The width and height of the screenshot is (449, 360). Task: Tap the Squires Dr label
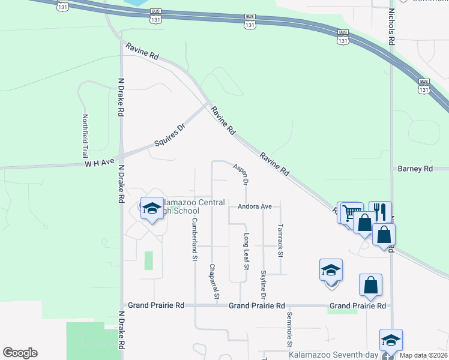pyautogui.click(x=172, y=134)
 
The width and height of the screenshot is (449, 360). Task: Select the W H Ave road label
pyautogui.click(x=99, y=163)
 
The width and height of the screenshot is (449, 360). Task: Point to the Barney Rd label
pyautogui.click(x=415, y=169)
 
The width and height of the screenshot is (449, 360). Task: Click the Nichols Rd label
pyautogui.click(x=391, y=28)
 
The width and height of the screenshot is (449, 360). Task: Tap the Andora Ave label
pyautogui.click(x=255, y=206)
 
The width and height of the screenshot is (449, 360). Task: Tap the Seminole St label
pyautogui.click(x=289, y=329)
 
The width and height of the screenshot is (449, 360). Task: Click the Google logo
pyautogui.click(x=19, y=353)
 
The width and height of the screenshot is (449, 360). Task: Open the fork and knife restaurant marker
pyautogui.click(x=380, y=211)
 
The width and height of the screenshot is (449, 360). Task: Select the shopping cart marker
pyautogui.click(x=351, y=211)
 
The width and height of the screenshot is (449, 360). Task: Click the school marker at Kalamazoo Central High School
pyautogui.click(x=152, y=208)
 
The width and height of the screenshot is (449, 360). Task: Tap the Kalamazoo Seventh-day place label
pyautogui.click(x=333, y=355)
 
